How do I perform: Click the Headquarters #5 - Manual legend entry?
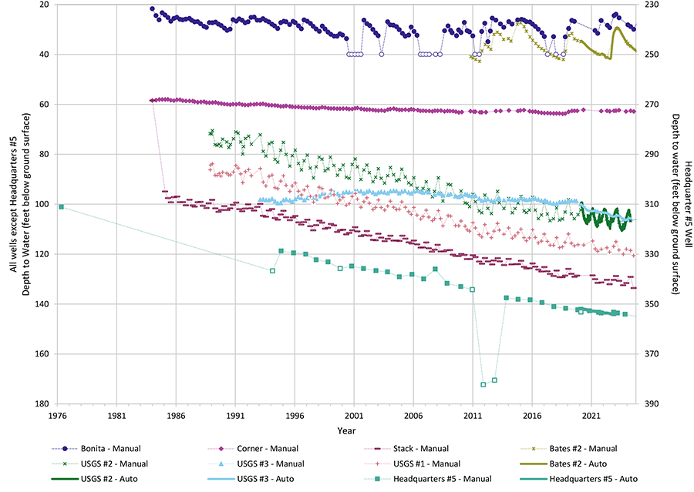click(x=432, y=478)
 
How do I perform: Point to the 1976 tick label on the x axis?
click(x=58, y=415)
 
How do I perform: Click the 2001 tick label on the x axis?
click(x=354, y=415)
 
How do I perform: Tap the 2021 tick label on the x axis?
click(x=591, y=415)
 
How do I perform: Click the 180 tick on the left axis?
click(x=43, y=403)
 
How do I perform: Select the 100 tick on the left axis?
click(x=43, y=204)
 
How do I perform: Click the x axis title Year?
click(x=347, y=430)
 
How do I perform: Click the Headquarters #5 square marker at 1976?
click(x=61, y=206)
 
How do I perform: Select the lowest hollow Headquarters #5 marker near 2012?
click(x=483, y=384)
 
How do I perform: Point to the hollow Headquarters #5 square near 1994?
click(x=272, y=270)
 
